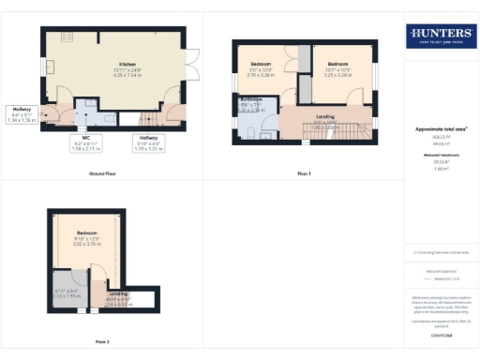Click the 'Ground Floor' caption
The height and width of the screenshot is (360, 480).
click(101, 174)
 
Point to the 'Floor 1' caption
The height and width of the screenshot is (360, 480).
click(305, 174)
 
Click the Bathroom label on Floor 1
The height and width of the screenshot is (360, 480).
click(251, 104)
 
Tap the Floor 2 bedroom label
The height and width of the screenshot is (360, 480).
click(86, 239)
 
